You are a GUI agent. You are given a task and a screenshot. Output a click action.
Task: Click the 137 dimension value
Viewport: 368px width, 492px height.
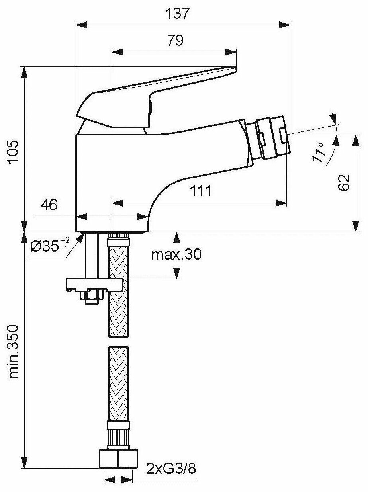point(177,14)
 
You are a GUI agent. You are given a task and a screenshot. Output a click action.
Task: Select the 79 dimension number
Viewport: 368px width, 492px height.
point(176,40)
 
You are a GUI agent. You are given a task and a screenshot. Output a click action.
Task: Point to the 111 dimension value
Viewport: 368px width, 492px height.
point(200,191)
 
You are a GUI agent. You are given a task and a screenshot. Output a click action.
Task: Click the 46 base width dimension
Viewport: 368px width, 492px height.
point(49,205)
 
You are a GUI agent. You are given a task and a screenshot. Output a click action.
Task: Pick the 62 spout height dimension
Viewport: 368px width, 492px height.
point(344,182)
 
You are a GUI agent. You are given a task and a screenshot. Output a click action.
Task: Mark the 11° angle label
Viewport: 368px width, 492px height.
point(319,152)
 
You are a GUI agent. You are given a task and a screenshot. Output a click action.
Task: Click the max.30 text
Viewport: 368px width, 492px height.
point(176,254)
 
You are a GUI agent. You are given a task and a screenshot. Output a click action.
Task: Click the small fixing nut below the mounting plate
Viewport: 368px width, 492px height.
point(92,297)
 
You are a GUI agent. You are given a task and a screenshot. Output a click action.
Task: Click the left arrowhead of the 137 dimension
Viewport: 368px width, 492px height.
point(81,25)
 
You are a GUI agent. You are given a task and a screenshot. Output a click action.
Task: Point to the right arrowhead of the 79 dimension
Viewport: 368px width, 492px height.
point(231,52)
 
